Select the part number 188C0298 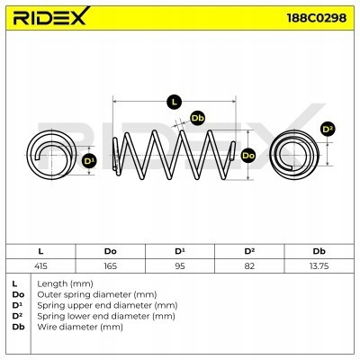pos(317,18)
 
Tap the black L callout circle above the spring pos(174,102)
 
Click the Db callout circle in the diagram pos(198,118)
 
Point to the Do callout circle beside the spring pos(248,156)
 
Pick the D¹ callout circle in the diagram pos(89,161)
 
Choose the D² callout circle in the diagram pos(328,130)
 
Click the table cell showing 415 pos(40,265)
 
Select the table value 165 pos(111,265)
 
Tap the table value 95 pos(180,265)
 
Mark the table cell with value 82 pos(249,265)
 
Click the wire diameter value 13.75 pos(319,265)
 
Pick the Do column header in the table pos(111,251)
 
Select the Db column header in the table pos(319,251)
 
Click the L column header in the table pos(40,251)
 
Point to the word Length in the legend pos(52,283)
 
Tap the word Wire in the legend pos(47,327)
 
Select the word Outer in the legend pos(49,294)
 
